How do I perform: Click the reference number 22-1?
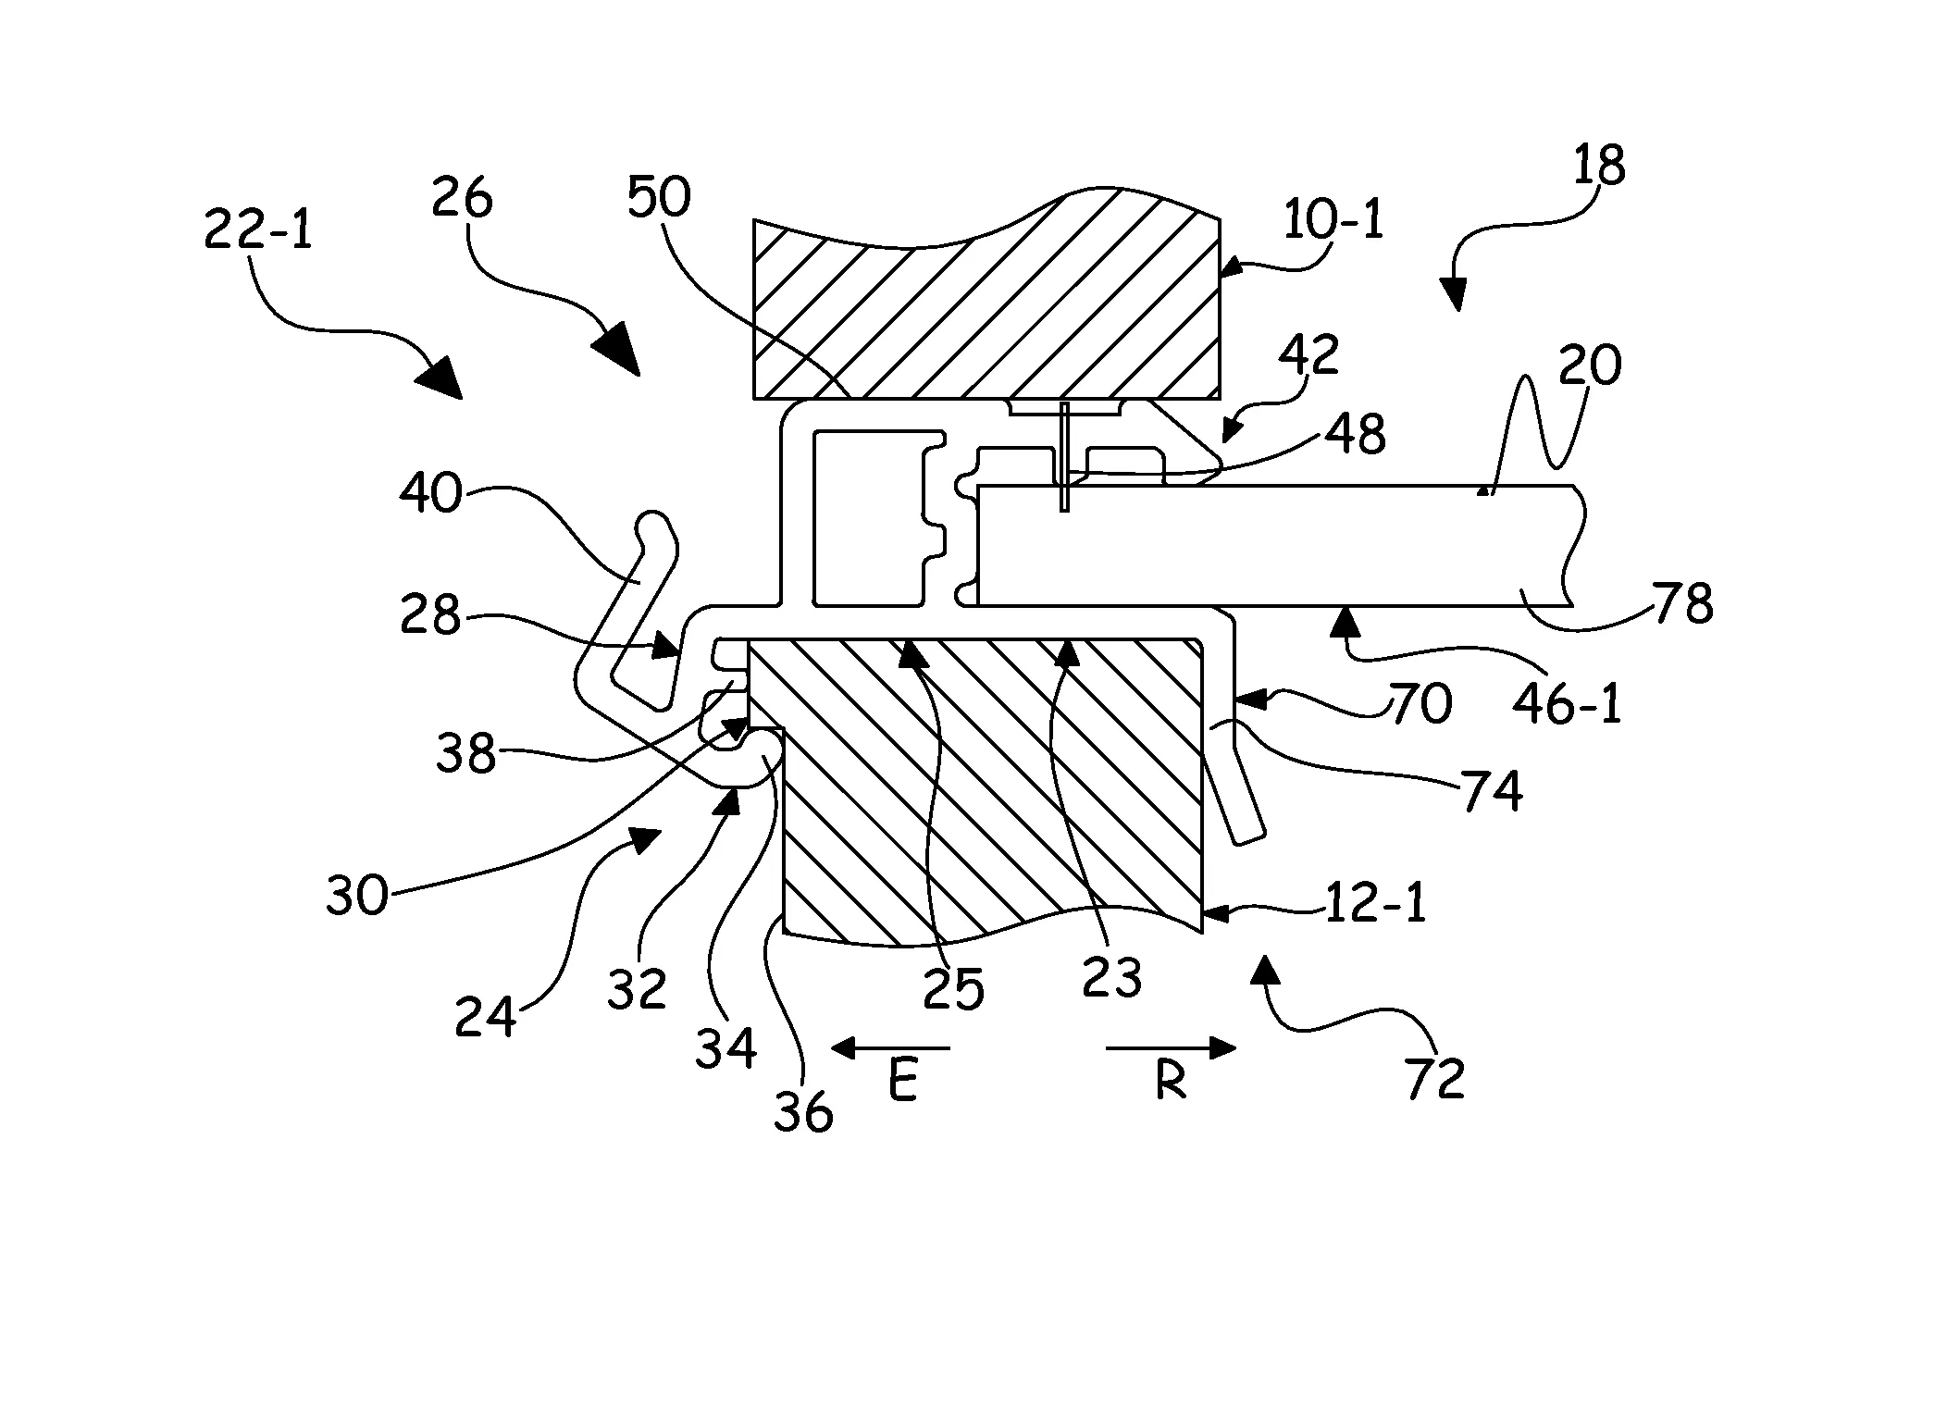click(258, 229)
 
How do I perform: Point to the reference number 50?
click(659, 197)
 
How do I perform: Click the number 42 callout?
click(1309, 354)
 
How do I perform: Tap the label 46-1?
click(1568, 704)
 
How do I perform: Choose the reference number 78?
click(1684, 603)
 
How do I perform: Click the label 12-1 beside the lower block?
click(1375, 903)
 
